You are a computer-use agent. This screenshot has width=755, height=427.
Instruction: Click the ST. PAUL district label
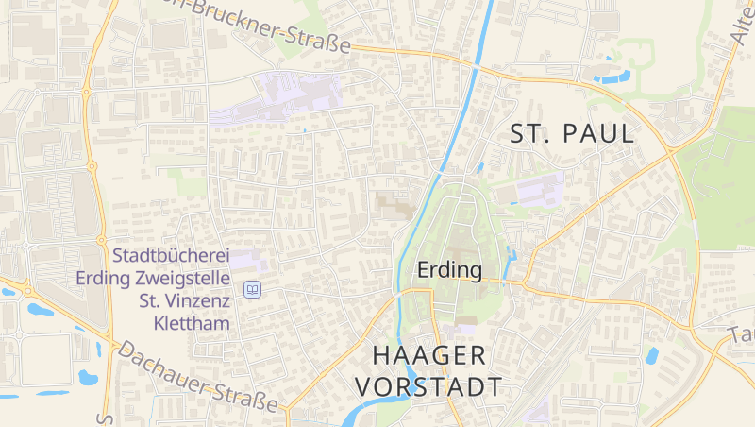pos(572,134)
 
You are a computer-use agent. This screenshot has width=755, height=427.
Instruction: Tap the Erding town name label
pos(449,271)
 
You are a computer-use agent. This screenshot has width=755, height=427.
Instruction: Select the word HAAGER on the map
pos(429,355)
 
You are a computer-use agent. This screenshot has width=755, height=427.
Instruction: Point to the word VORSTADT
pos(428,387)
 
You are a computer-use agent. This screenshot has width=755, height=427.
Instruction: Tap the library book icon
pos(252,289)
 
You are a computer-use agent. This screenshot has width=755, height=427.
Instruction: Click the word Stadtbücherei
pos(171,256)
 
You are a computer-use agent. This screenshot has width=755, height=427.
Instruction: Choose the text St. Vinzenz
pos(185,301)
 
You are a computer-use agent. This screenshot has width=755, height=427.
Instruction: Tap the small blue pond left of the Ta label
pos(651,356)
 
